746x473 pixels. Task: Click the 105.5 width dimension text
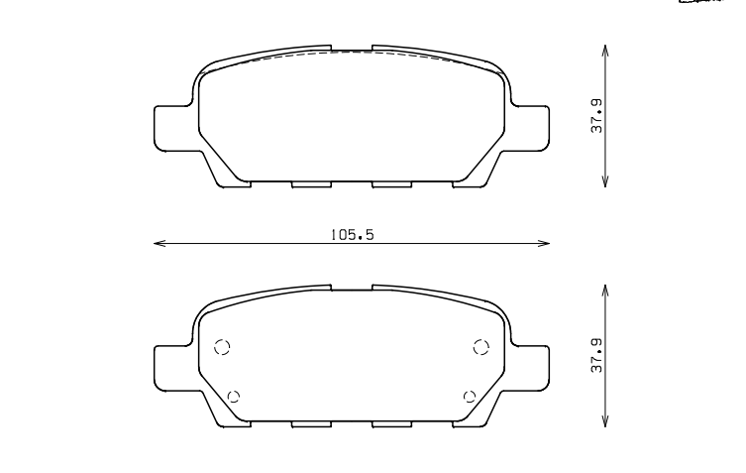coord(351,234)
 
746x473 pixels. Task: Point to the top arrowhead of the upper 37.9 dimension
coord(605,48)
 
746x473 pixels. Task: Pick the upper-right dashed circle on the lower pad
coord(481,346)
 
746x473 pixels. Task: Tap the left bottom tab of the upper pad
coord(310,184)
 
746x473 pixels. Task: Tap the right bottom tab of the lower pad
coord(391,424)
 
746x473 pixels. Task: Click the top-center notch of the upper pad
coord(351,48)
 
